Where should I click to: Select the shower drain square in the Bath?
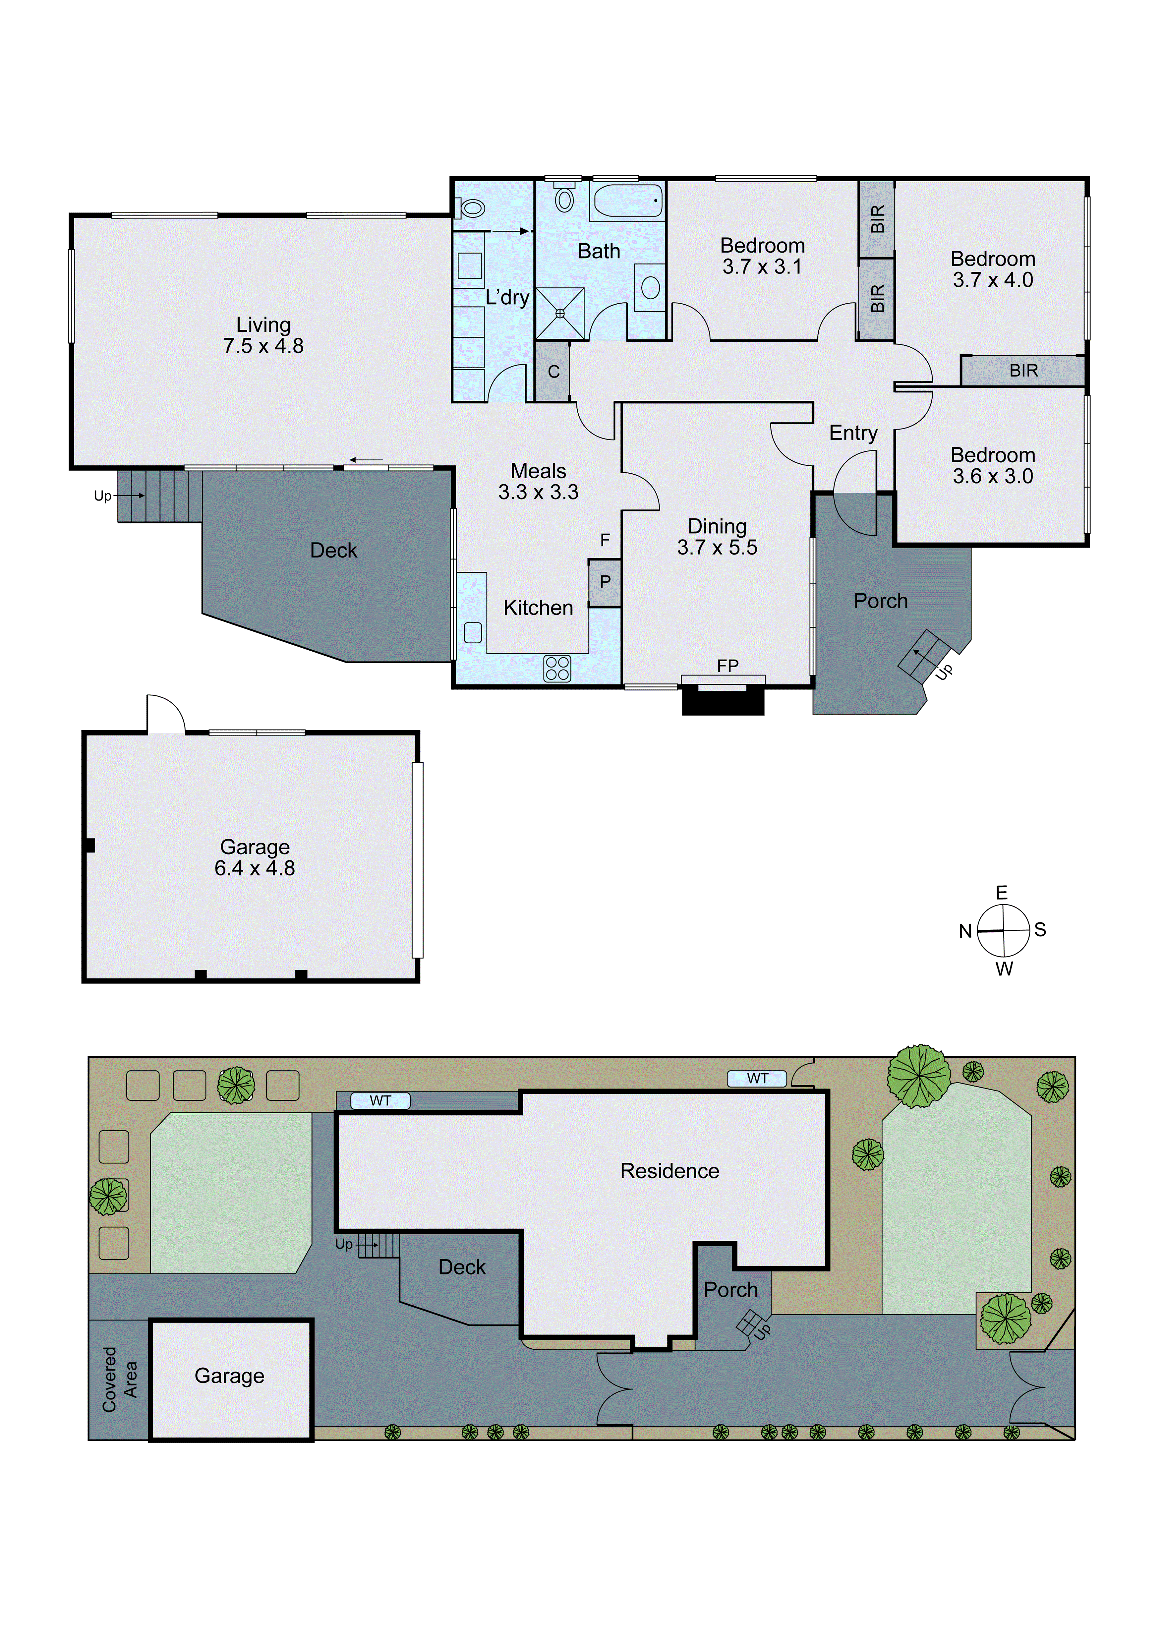coord(560,313)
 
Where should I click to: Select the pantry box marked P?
coord(605,582)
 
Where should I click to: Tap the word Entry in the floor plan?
coord(853,433)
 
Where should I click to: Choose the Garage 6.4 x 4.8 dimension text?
coord(255,868)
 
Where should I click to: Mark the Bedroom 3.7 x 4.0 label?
coord(993,269)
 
